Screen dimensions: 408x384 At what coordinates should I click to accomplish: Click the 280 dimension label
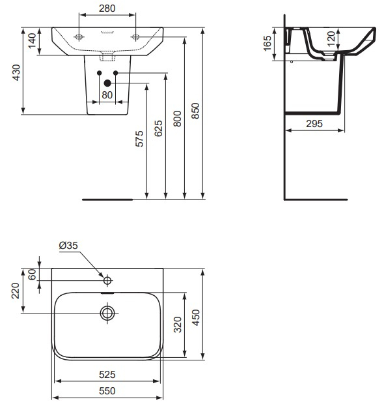[x=107, y=8]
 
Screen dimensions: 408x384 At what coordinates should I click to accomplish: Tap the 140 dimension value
[x=31, y=42]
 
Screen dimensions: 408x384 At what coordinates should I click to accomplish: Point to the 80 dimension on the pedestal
[x=107, y=95]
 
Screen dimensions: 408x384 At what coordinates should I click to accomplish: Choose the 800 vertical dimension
[x=178, y=117]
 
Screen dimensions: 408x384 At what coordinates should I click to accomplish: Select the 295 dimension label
[x=316, y=123]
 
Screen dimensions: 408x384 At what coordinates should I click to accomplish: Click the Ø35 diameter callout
[x=68, y=246]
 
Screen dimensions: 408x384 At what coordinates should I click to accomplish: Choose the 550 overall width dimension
[x=107, y=390]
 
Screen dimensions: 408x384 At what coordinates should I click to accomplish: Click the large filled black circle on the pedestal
[x=107, y=83]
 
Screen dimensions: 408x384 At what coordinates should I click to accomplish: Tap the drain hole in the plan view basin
[x=107, y=313]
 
